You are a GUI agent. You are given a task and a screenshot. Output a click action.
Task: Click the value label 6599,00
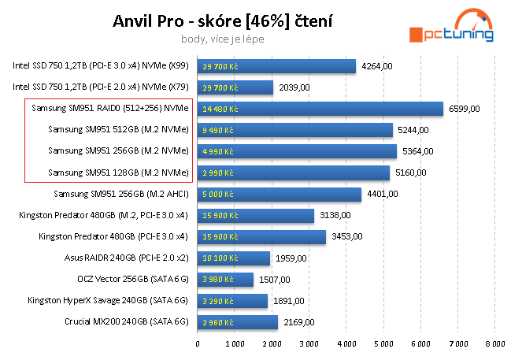(464, 109)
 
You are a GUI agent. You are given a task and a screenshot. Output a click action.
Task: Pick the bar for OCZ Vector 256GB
(225, 279)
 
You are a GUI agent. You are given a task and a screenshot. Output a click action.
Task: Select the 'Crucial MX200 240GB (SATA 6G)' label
(127, 321)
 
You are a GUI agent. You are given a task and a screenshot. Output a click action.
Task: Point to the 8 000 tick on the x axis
(494, 343)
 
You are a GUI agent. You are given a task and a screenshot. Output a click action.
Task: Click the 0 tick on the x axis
(198, 343)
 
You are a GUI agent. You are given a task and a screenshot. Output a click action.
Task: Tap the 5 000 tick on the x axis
(383, 343)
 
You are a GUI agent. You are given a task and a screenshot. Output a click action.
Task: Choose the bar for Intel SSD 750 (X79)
(235, 87)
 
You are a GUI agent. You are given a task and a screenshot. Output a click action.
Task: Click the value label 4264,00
(376, 66)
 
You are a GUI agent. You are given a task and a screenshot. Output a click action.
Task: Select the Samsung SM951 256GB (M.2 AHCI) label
(121, 194)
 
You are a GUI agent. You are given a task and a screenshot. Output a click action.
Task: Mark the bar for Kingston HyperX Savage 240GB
(232, 300)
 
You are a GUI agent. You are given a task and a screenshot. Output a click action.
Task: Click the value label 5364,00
(417, 151)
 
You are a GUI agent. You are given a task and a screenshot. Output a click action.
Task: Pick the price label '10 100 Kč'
(220, 258)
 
